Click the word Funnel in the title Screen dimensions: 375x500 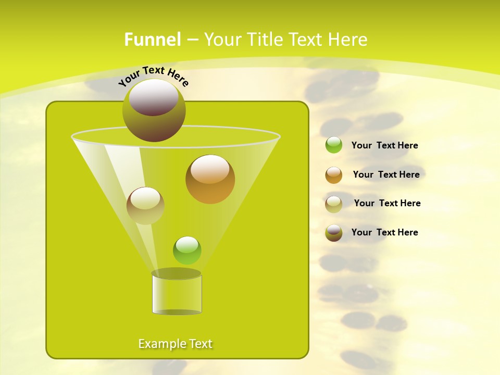[152, 40]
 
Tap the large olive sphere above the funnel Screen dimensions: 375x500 [154, 110]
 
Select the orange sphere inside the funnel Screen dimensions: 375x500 [210, 180]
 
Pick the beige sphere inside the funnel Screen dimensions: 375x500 [145, 206]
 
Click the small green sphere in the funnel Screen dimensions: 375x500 [187, 251]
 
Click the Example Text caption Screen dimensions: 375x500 [176, 344]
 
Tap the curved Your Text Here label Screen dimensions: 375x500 [153, 76]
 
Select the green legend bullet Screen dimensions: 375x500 [334, 145]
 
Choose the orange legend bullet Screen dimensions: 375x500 [334, 175]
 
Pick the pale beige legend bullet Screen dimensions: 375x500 [334, 204]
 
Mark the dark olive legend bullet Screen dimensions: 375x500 [334, 233]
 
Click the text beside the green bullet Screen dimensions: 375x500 [384, 145]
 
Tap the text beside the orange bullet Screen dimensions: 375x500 [386, 174]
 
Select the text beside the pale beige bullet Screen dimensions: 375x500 [387, 203]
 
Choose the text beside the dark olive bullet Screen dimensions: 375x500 [384, 232]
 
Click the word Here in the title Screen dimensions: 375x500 [348, 40]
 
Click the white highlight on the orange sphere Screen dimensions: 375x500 [210, 170]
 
